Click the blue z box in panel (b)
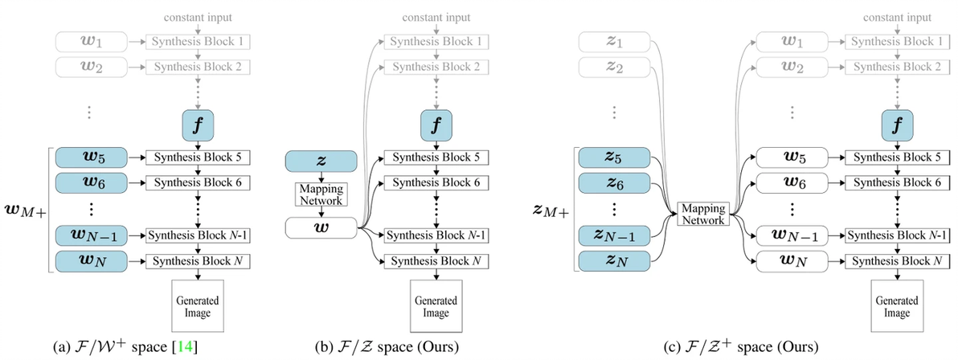tap(321, 162)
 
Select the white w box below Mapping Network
tap(321, 229)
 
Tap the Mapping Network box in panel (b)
tap(321, 194)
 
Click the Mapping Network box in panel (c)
tap(702, 212)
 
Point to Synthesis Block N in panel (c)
tap(892, 261)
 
